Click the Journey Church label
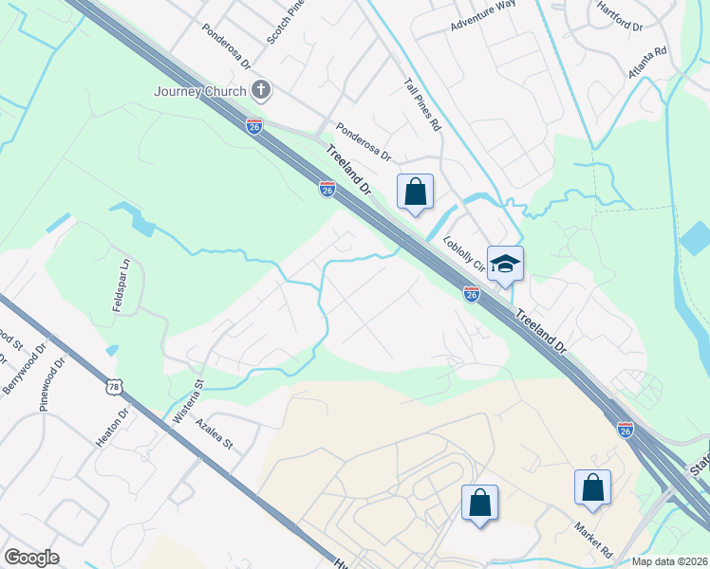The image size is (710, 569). pyautogui.click(x=201, y=91)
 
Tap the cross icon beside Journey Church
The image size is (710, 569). pyautogui.click(x=262, y=91)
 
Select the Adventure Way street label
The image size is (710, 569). pyautogui.click(x=483, y=18)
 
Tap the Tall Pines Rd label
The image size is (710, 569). pyautogui.click(x=423, y=104)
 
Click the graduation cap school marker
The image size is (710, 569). pyautogui.click(x=506, y=264)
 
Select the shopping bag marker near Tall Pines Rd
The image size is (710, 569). pyautogui.click(x=415, y=192)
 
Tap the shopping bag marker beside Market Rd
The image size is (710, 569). pyautogui.click(x=592, y=488)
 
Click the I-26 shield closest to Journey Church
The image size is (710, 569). pyautogui.click(x=253, y=125)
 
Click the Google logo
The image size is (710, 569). pyautogui.click(x=31, y=558)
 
